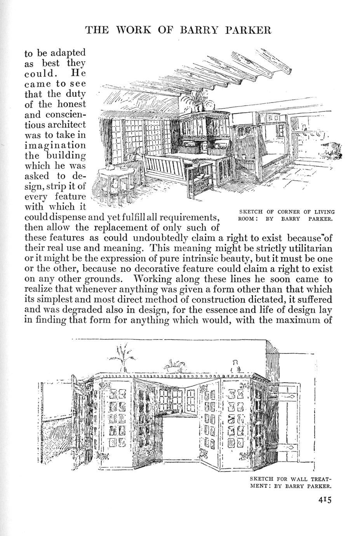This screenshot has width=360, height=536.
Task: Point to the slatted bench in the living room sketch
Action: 165,167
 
